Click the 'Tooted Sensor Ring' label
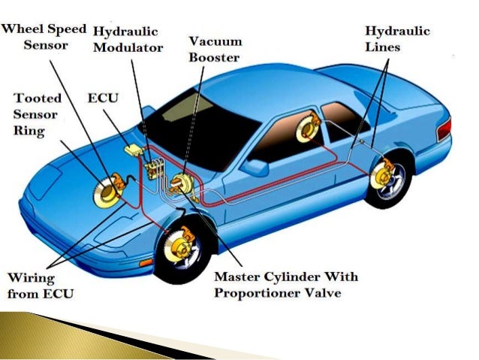coord(39,116)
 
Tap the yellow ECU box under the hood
coord(134,149)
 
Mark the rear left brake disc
coord(307,129)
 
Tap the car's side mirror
coord(255,167)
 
